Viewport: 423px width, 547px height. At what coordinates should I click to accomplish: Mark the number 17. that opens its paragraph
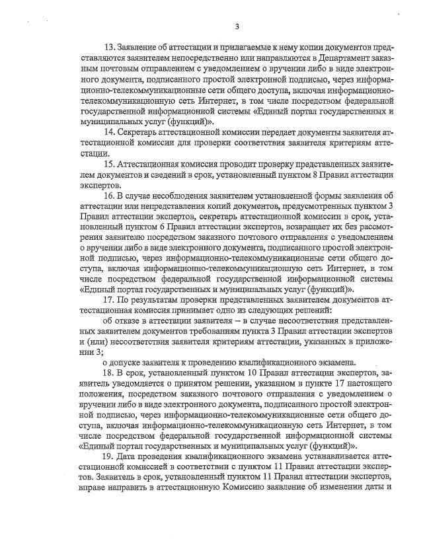pos(109,299)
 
